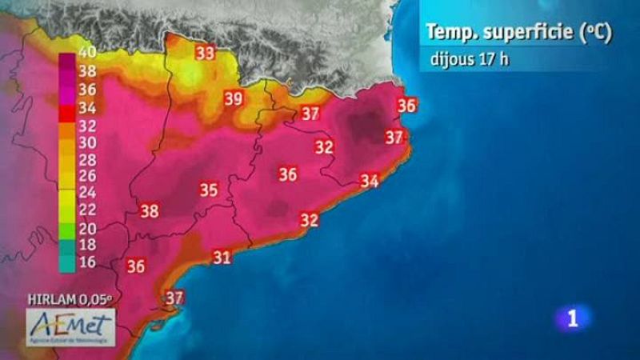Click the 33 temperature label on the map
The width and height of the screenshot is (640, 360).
tap(206, 54)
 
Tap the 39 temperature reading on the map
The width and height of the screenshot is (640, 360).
tap(234, 99)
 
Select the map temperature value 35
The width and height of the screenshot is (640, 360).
tap(209, 190)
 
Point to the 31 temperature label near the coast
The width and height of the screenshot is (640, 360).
tap(222, 257)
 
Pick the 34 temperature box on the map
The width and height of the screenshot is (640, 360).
tap(369, 182)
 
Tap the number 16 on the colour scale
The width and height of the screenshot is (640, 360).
tap(88, 260)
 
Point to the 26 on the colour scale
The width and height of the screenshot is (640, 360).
tap(88, 174)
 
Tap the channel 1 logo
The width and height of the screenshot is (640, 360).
tap(572, 318)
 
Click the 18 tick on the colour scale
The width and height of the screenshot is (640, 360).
tap(88, 243)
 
